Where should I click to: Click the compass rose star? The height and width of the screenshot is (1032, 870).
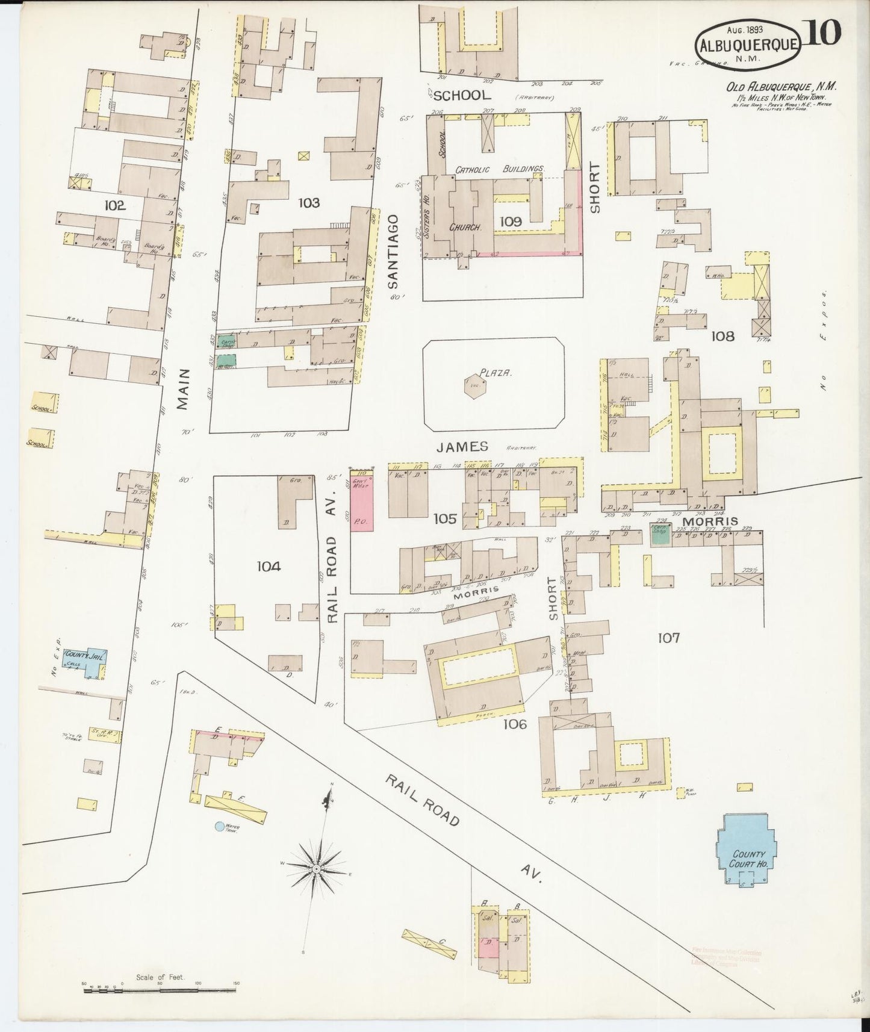pos(316,869)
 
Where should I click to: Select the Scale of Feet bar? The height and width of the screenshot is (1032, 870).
pos(160,989)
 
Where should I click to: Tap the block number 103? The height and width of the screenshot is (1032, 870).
pos(309,203)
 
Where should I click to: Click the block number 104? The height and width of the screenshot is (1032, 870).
pos(269,566)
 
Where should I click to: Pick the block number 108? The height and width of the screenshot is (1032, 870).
pos(722,336)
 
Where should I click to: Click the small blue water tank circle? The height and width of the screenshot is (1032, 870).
pos(220,827)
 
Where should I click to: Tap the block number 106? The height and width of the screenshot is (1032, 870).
pos(515,724)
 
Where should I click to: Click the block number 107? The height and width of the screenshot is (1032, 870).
pos(668,638)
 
